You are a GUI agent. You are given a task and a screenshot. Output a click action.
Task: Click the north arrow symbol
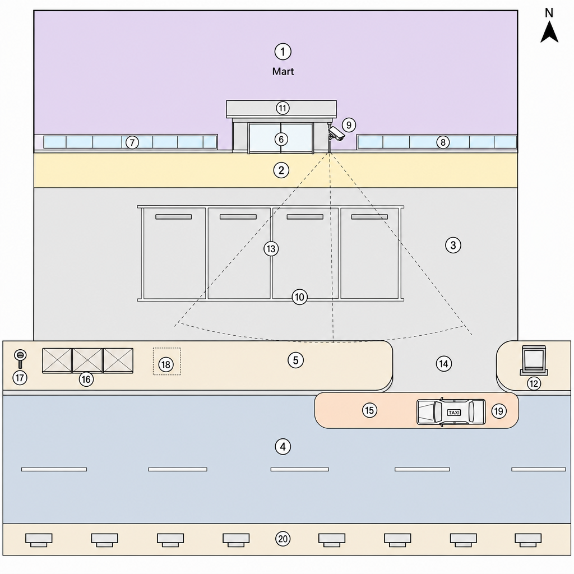click(549, 32)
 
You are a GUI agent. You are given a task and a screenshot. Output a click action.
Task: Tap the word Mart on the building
click(283, 71)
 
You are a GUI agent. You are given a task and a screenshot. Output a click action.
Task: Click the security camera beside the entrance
click(336, 134)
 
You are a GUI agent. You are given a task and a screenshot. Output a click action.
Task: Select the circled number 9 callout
click(349, 125)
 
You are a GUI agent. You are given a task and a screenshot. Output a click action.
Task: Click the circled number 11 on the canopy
click(283, 108)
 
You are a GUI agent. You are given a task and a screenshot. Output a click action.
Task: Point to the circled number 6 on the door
click(281, 139)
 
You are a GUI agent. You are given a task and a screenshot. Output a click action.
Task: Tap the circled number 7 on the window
click(132, 142)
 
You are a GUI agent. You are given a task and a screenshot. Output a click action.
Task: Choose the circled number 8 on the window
click(443, 142)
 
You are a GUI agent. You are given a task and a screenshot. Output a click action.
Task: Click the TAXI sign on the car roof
click(454, 413)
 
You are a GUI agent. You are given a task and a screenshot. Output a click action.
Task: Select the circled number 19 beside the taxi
click(498, 411)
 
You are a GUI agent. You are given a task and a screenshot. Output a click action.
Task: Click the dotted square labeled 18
click(166, 362)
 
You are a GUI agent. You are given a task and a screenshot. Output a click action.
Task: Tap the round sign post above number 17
click(21, 359)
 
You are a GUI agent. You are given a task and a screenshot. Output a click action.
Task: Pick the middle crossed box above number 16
click(87, 360)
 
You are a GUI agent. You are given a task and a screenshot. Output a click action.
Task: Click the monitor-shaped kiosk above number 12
click(534, 360)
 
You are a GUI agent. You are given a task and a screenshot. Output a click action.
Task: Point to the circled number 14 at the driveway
click(444, 363)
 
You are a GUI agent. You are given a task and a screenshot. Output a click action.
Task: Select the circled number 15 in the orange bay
click(369, 410)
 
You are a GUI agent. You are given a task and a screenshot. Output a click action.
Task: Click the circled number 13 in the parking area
click(271, 249)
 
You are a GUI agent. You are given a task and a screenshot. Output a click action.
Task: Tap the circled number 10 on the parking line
click(299, 297)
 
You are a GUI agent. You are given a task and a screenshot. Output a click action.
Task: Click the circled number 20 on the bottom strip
click(283, 539)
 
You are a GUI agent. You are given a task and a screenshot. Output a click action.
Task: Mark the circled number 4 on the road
click(283, 447)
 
